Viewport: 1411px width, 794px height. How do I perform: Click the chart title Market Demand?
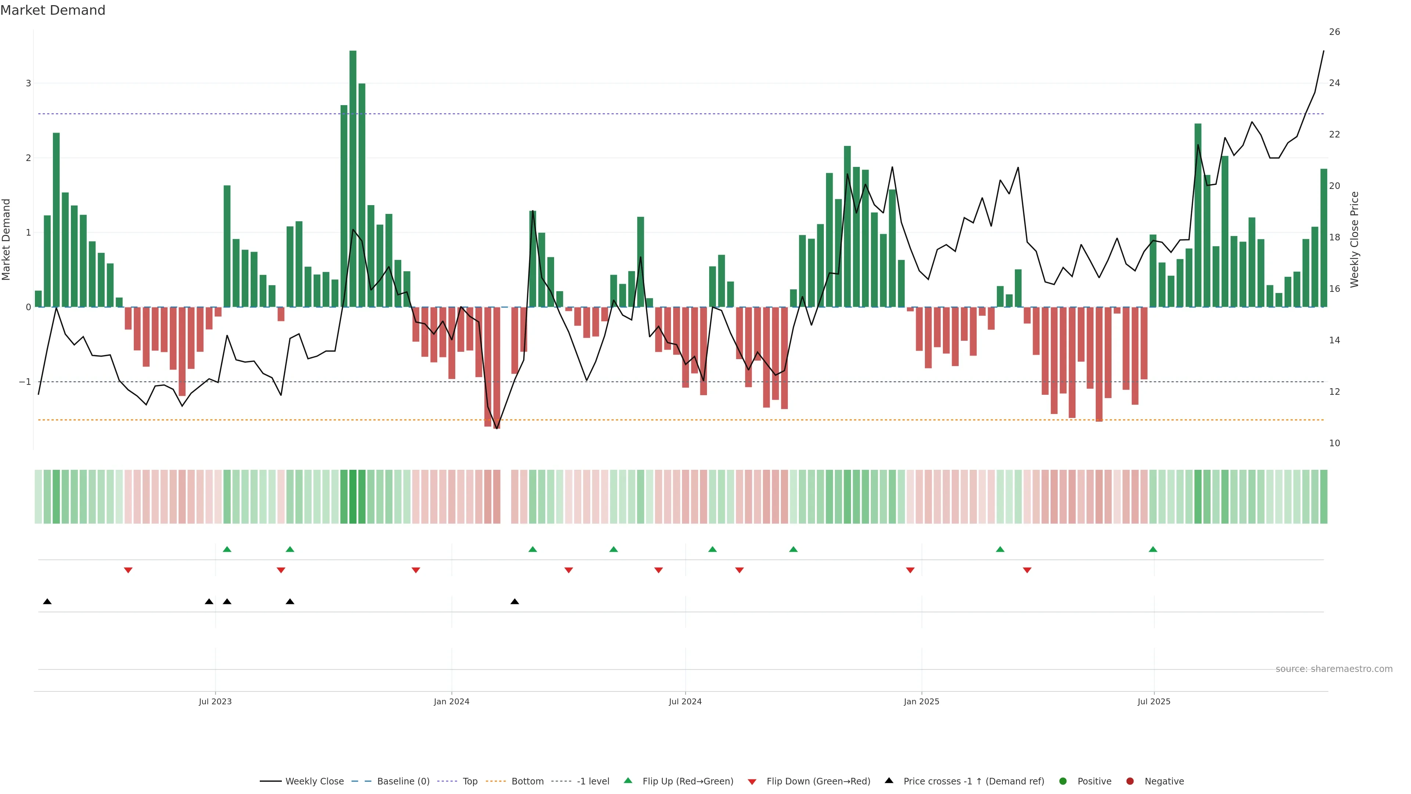tap(53, 10)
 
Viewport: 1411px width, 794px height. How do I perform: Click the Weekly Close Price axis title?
tap(1354, 239)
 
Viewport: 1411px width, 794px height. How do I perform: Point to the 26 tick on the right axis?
tap(1334, 32)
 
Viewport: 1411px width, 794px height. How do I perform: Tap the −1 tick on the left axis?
tap(25, 382)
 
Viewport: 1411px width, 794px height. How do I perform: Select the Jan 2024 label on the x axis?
tap(451, 701)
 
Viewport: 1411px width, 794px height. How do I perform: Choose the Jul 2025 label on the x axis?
tap(1153, 701)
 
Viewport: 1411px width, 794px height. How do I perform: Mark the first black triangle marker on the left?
tap(47, 602)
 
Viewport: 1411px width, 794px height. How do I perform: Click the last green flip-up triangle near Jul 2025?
tap(1153, 549)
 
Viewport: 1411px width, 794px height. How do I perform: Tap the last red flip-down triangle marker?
tap(1027, 571)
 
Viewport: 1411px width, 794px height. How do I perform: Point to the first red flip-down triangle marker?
tap(128, 571)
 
